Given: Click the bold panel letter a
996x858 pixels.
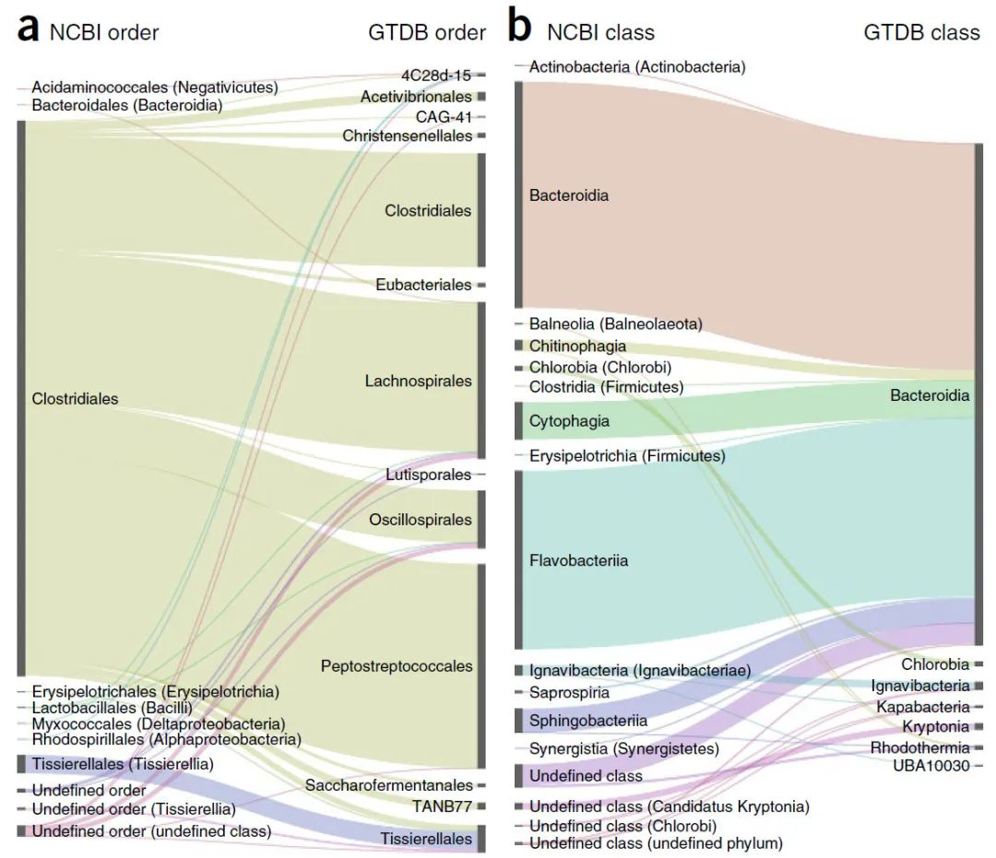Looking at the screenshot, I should pos(30,30).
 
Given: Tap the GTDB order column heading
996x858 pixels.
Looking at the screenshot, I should pos(427,32).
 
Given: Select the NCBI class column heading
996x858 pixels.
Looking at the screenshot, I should pos(600,32).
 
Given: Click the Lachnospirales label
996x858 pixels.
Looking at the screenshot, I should pos(418,381).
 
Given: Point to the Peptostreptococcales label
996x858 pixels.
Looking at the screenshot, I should pos(397,665).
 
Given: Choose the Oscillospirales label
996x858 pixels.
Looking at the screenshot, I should pos(421,519).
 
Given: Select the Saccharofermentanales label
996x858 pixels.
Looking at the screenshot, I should pos(388,785).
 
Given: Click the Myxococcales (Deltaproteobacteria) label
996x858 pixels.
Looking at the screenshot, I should pos(159,724).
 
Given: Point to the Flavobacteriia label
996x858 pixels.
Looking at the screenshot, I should pos(578,560).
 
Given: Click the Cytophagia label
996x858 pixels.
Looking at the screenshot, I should pos(569,421).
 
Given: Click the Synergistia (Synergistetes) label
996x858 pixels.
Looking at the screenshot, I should pos(623,749).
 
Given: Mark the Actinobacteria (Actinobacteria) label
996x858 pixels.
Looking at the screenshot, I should pos(637,66).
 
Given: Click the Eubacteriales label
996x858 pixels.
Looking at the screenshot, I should pos(423,285).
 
